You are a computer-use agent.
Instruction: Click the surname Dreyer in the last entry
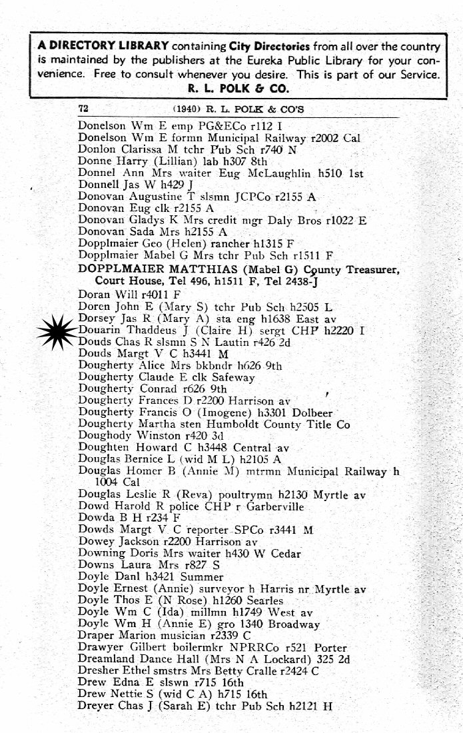96,706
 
